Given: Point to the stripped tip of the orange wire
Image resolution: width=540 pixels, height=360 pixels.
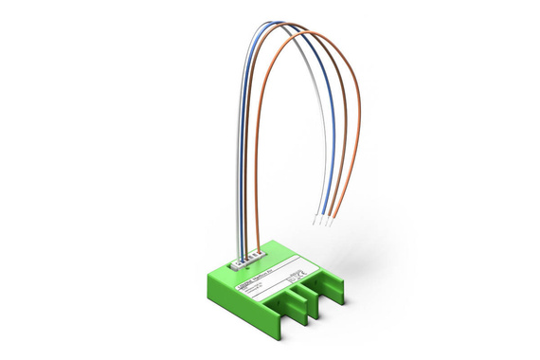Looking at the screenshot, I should point(332,225).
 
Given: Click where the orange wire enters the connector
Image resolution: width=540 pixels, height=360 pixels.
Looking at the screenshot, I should point(255,253).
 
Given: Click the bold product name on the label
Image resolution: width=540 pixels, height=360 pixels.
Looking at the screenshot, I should point(248,276).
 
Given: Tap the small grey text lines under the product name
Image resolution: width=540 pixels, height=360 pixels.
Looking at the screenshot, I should point(248,284).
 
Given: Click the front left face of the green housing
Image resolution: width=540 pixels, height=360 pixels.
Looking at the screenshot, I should point(237,301).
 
